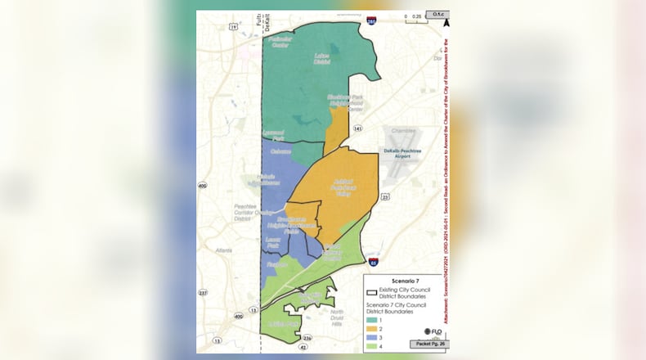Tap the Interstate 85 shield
pyautogui.click(x=374, y=263)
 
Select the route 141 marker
pyautogui.click(x=358, y=129)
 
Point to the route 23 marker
pyautogui.click(x=385, y=196)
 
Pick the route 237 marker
pyautogui.click(x=202, y=292)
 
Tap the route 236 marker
pyautogui.click(x=307, y=337)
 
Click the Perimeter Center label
pyautogui.click(x=280, y=43)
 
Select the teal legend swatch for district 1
pyautogui.click(x=371, y=319)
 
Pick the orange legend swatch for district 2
pyautogui.click(x=371, y=328)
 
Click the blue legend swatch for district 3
pyautogui.click(x=371, y=336)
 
